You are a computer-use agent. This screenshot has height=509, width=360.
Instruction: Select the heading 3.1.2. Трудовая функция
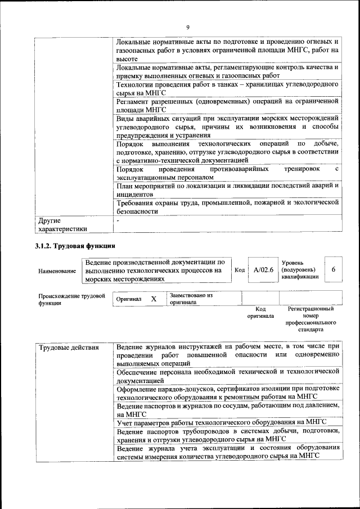click(75, 246)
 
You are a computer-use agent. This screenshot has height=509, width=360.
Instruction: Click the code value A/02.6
click(263, 270)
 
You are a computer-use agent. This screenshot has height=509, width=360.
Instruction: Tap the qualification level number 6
click(333, 270)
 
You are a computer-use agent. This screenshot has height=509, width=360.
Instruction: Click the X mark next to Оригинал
click(153, 299)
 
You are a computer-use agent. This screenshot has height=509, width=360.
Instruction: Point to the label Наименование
click(57, 271)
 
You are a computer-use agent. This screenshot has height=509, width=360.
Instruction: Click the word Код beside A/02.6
click(240, 271)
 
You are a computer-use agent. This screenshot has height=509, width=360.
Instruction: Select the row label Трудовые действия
click(62, 347)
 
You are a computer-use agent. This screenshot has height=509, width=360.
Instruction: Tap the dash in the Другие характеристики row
click(118, 221)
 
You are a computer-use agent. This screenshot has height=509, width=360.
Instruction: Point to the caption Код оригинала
click(260, 312)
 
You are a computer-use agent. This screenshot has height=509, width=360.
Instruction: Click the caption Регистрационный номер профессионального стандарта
click(310, 319)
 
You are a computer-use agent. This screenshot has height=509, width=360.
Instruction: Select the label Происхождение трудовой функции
click(71, 299)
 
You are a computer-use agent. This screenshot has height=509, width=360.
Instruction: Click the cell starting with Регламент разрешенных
click(227, 106)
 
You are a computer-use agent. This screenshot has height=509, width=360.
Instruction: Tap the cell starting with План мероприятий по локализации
click(227, 189)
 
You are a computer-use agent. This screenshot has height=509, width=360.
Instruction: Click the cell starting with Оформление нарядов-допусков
click(227, 392)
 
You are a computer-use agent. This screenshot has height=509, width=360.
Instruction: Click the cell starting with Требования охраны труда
click(227, 206)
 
